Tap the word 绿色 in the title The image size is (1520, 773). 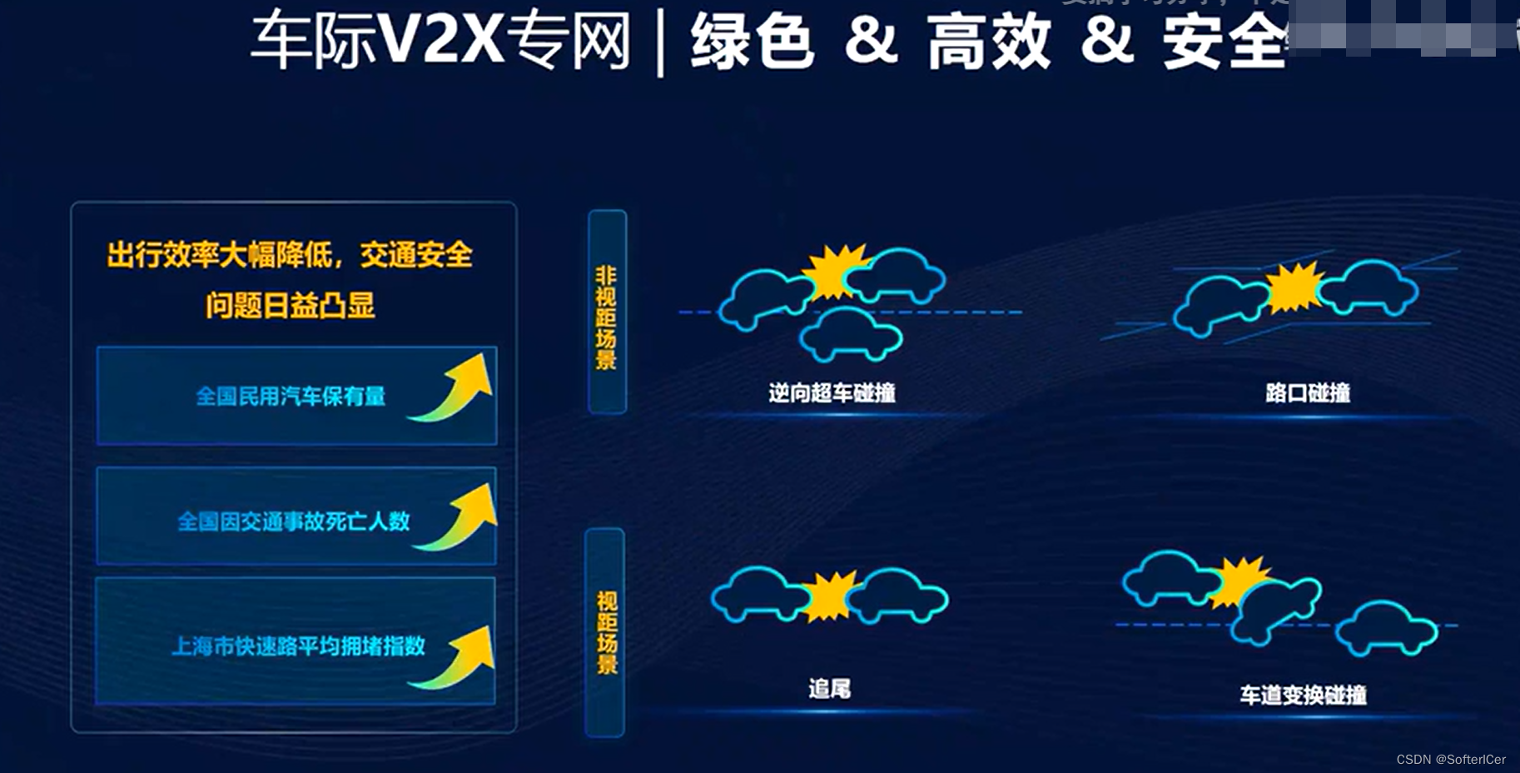(751, 42)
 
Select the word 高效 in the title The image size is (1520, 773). (989, 42)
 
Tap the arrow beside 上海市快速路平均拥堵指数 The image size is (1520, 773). (456, 658)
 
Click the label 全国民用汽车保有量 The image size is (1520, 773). (291, 396)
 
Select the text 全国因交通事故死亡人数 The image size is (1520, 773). (293, 521)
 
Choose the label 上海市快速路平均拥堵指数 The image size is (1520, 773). (298, 646)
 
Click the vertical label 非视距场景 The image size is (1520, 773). (606, 317)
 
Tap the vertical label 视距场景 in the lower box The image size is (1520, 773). (606, 632)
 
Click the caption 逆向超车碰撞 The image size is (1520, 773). (832, 392)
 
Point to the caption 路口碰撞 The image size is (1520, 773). (1307, 392)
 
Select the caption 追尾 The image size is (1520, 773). (829, 689)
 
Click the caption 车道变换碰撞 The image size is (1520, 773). (1303, 695)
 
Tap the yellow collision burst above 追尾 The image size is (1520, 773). (829, 596)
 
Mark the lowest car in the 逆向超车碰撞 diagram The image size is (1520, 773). (851, 334)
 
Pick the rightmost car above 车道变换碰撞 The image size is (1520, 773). (1386, 629)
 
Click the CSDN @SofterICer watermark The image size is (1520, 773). (1450, 760)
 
